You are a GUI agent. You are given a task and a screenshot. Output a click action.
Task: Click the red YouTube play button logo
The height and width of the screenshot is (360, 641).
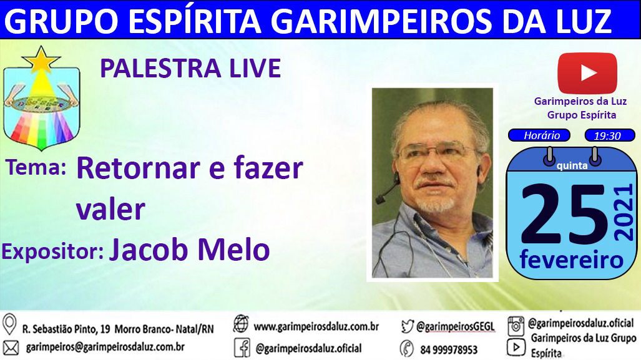(587, 74)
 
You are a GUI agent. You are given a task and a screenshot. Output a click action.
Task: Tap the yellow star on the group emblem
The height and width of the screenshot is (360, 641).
(41, 60)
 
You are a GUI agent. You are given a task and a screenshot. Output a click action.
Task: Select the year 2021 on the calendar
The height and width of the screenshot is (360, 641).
(624, 213)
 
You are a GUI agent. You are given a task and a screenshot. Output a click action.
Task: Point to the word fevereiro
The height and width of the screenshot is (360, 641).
(572, 260)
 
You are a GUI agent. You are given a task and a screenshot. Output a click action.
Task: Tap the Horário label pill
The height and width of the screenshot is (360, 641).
(539, 135)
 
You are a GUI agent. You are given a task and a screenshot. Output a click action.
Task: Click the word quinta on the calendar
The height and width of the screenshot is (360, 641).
(572, 165)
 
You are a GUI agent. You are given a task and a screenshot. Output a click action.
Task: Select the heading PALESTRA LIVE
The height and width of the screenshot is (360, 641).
(190, 68)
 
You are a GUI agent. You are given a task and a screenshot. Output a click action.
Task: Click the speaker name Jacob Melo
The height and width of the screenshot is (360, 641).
(189, 250)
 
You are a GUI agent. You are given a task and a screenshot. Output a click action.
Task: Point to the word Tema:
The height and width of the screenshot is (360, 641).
(36, 168)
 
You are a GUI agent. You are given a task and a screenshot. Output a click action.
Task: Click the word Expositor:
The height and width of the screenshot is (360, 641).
(52, 251)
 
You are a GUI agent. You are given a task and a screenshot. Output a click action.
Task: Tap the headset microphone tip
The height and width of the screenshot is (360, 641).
(380, 200)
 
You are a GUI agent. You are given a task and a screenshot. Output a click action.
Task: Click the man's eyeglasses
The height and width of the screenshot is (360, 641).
(436, 152)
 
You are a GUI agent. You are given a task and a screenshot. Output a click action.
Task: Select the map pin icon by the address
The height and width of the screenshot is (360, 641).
(9, 325)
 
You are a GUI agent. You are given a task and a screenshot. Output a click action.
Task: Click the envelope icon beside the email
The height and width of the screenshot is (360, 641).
(11, 348)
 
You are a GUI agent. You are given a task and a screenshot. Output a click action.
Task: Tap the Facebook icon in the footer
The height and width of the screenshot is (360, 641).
(242, 348)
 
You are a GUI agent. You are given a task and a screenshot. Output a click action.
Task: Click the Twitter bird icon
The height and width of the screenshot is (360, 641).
(407, 326)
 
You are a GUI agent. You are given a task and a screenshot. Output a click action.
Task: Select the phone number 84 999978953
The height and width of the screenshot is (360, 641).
(449, 350)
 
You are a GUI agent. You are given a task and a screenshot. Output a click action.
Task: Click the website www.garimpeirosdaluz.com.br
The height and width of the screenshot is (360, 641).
(316, 326)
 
